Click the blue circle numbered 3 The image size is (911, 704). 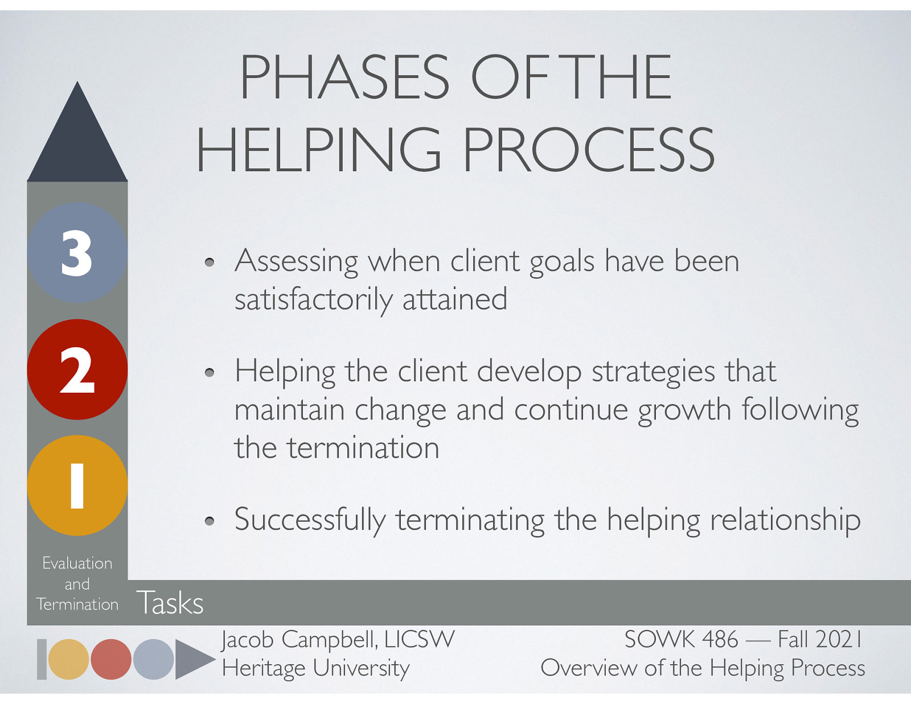click(77, 253)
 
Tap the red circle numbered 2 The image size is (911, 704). click(77, 369)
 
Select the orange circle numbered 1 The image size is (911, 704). click(77, 485)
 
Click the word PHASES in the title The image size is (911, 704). click(344, 77)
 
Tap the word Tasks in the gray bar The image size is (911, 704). click(170, 603)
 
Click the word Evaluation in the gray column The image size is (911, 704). click(77, 563)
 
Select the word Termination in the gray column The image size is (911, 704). click(77, 604)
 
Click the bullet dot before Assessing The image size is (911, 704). click(210, 262)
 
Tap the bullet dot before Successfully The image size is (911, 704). click(210, 521)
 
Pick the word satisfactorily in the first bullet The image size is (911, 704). click(313, 299)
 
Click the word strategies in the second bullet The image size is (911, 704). click(653, 372)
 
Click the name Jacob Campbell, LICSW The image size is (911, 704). click(338, 639)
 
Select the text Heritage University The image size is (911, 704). click(315, 668)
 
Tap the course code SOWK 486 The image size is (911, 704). click(680, 639)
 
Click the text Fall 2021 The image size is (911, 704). click(819, 639)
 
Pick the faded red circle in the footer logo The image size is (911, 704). click(111, 659)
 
